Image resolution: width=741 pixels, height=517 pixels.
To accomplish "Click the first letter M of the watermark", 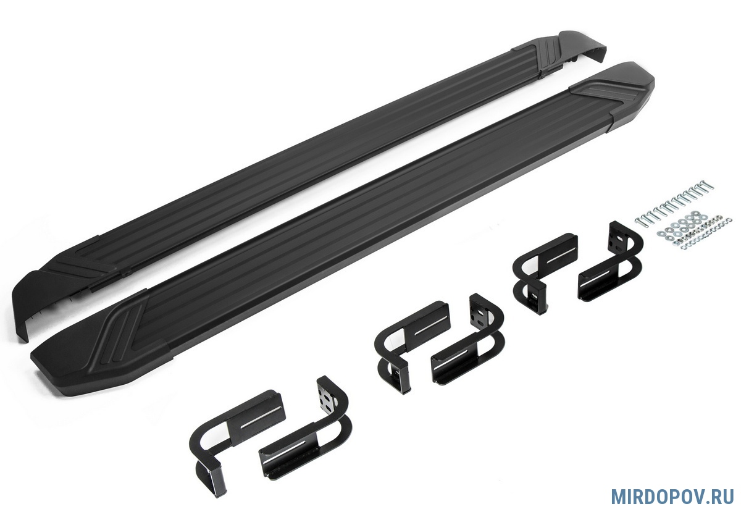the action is (x=618, y=497).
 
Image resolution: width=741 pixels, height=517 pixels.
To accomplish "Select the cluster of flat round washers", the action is (x=682, y=225).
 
